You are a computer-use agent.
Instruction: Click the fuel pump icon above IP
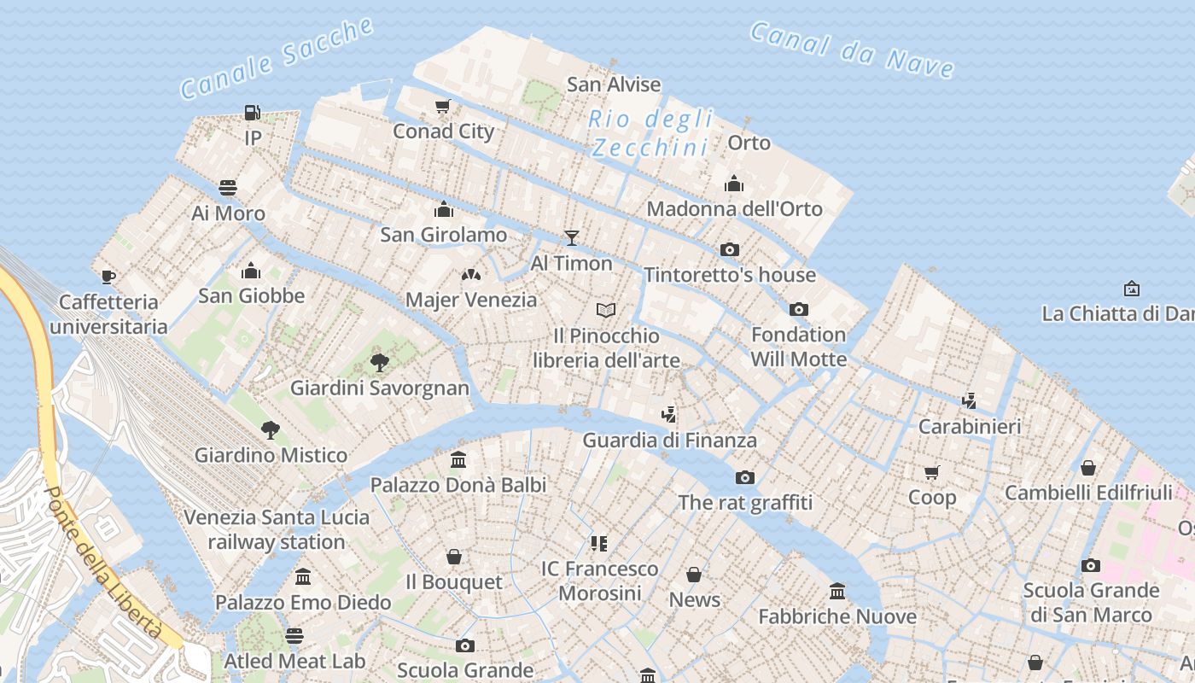tap(252, 112)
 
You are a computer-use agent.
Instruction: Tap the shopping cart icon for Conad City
tap(442, 107)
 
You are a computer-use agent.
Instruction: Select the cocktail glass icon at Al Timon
tap(571, 238)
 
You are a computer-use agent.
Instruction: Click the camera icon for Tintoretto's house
tap(730, 249)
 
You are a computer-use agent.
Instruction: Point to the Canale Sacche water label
tap(277, 58)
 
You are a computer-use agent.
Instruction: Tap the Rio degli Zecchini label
tap(650, 133)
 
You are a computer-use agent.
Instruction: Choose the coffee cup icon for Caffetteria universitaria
tap(108, 277)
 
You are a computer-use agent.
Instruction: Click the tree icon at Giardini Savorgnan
tap(380, 363)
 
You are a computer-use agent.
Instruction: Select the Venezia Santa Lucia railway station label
tap(277, 529)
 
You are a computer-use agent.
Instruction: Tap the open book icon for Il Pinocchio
tap(606, 309)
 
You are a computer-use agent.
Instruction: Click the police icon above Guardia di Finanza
tap(669, 415)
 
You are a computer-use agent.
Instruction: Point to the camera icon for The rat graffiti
tap(745, 477)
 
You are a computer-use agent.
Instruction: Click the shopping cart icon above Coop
tap(932, 472)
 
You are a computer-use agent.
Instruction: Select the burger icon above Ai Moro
tap(228, 187)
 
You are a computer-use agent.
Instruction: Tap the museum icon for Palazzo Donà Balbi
tap(458, 460)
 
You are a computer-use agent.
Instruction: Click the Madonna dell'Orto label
tap(734, 208)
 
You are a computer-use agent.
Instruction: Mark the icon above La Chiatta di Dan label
tap(1132, 289)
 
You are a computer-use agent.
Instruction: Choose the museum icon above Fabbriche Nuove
tap(837, 591)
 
